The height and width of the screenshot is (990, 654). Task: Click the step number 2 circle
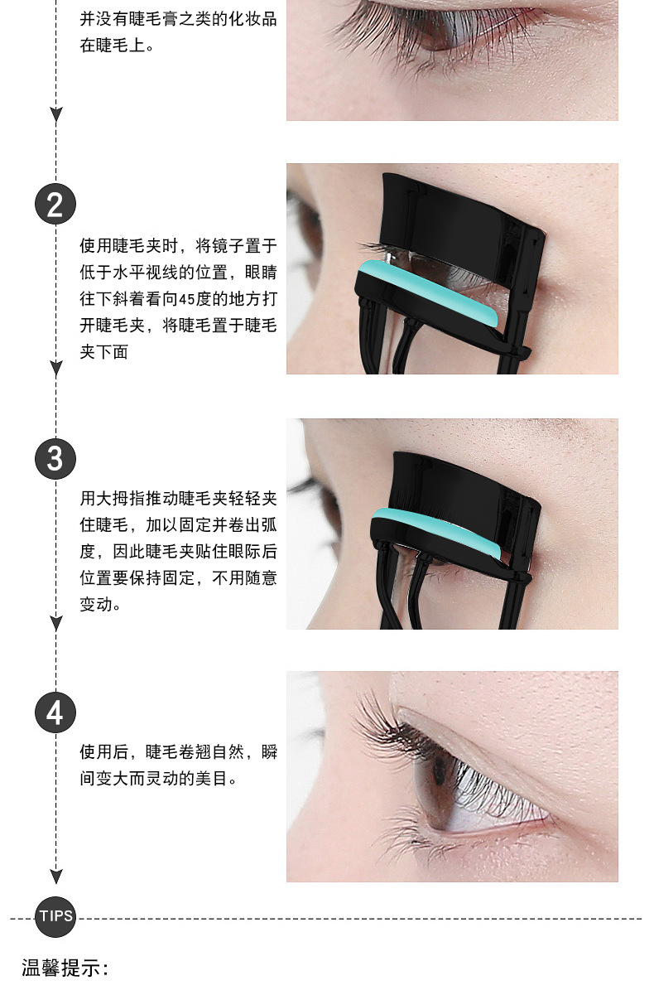[x=55, y=205]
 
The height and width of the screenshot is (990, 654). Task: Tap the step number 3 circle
[x=55, y=459]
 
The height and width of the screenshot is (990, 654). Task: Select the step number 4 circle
[x=55, y=712]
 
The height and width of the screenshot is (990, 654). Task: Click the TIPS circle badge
[x=55, y=917]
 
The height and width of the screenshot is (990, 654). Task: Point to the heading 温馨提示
[x=65, y=968]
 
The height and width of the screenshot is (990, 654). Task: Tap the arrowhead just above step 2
[x=56, y=114]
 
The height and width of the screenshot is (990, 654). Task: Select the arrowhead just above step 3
[x=56, y=369]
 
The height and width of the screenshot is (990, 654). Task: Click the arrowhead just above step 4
[x=56, y=623]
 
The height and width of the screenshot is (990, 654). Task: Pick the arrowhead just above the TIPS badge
[x=56, y=877]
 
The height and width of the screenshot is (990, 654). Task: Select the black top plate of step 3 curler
[x=464, y=480]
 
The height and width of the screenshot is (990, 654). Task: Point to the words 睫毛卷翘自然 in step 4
[x=195, y=751]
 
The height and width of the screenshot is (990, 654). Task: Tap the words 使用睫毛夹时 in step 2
[x=128, y=245]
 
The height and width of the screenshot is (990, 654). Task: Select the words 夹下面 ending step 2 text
[x=104, y=351]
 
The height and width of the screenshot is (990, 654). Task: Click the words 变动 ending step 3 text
[x=96, y=604]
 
